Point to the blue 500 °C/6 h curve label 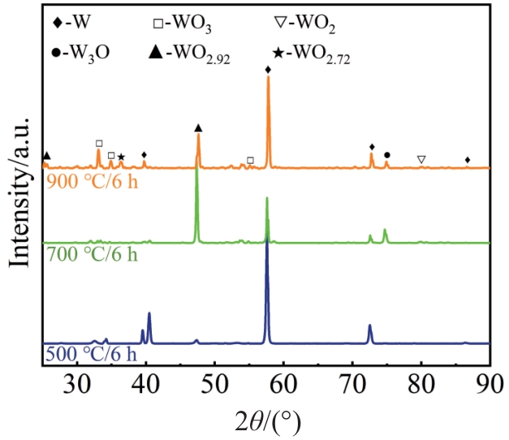(x=91, y=356)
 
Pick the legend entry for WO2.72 (x=310, y=55)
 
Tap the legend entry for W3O (x=80, y=55)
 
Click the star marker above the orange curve (x=122, y=157)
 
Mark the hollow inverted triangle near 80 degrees (x=421, y=160)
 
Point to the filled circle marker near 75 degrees (x=386, y=154)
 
